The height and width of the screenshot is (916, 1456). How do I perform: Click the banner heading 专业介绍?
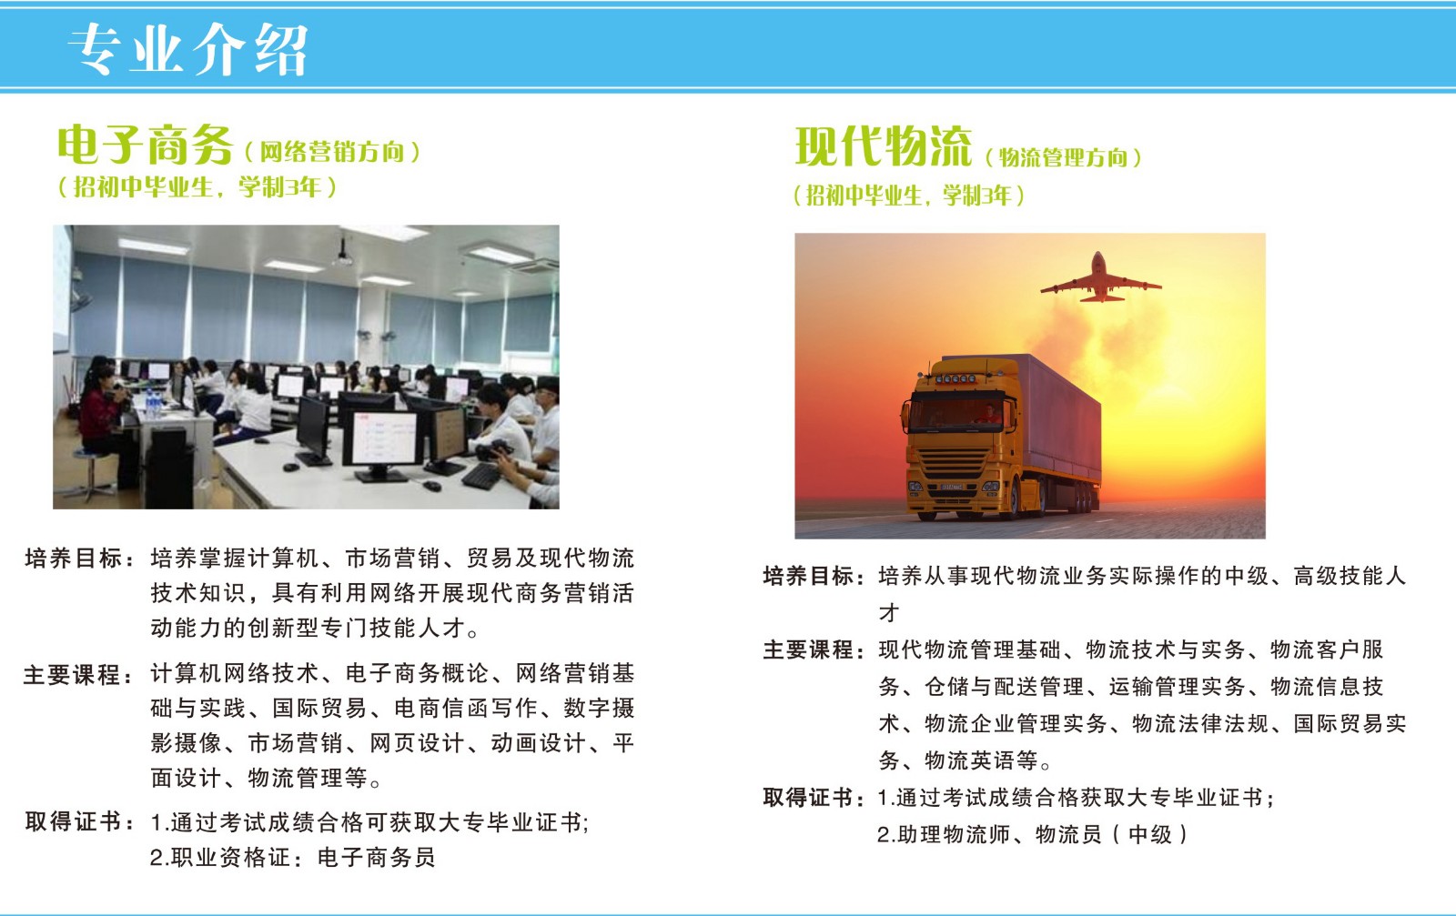tap(187, 49)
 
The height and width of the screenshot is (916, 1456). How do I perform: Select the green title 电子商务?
tap(145, 145)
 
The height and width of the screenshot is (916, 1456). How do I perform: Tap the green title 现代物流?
tap(884, 146)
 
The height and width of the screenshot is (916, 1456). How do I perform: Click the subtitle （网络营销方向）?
tap(332, 152)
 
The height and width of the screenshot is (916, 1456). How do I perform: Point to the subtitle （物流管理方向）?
tap(1064, 157)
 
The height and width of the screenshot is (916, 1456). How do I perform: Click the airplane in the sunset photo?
tap(1100, 278)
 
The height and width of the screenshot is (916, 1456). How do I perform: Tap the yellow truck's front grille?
tap(954, 462)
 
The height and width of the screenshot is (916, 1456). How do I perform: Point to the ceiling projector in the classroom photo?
tap(342, 254)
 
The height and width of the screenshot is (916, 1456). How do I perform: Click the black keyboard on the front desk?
tap(481, 476)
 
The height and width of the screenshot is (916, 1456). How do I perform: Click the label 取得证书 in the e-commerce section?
tap(74, 821)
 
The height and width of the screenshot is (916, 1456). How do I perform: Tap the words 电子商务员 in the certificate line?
tap(377, 858)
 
